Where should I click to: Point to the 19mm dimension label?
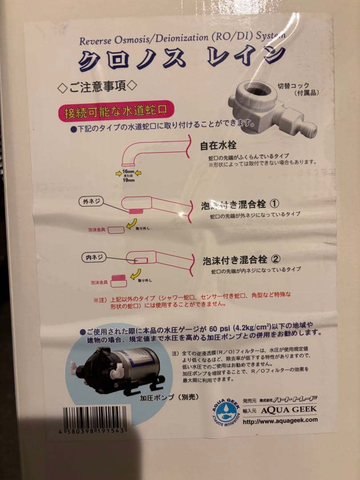[128, 181]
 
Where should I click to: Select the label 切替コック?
[293, 86]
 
